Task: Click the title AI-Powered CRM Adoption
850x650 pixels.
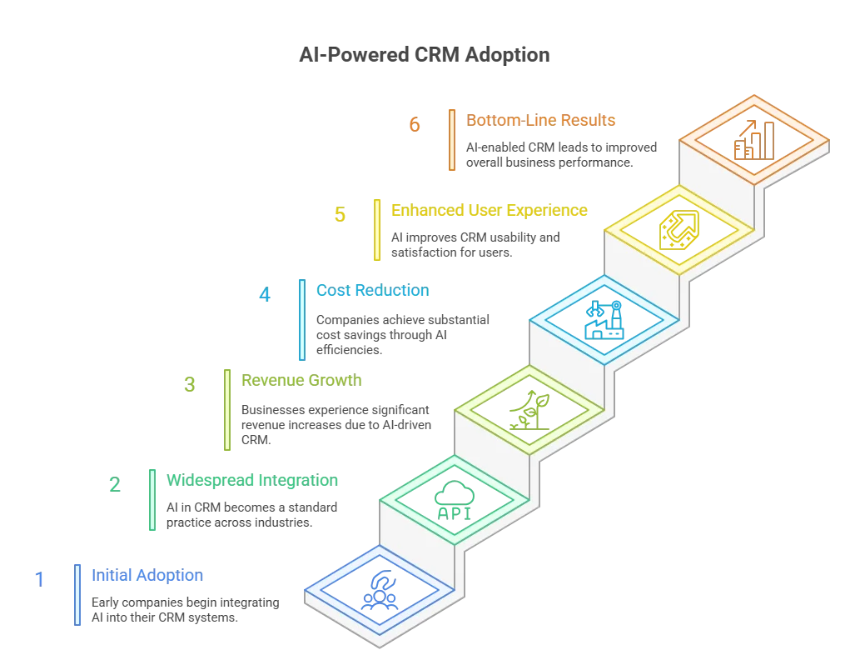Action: [425, 55]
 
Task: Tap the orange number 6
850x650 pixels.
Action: [415, 125]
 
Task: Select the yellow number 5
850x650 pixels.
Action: [340, 215]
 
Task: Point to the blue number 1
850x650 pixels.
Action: [40, 579]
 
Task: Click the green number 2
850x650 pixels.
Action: [114, 484]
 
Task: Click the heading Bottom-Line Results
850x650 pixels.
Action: [540, 120]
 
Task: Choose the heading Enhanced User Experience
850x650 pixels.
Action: [489, 210]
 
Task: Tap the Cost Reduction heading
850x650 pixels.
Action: [372, 290]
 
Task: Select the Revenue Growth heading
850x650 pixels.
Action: [301, 380]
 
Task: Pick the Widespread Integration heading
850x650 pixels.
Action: [252, 480]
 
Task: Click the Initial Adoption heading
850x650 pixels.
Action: [147, 575]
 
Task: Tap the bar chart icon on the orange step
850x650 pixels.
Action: [754, 140]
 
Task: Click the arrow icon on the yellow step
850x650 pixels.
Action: [679, 230]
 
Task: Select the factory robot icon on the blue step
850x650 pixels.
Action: [604, 320]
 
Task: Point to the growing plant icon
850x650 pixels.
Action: [529, 410]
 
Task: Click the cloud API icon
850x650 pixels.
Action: [455, 500]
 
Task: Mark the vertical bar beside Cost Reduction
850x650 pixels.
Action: [302, 320]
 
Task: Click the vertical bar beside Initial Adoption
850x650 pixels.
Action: [77, 595]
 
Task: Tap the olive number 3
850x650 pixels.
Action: [189, 385]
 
